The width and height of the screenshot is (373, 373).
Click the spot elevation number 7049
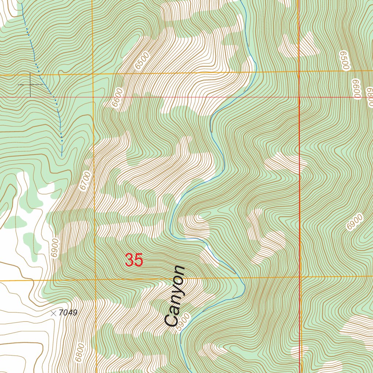68,313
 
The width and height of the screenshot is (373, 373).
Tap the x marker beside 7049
54,313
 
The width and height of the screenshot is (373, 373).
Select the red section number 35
134,260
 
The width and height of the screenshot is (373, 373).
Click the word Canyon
175,297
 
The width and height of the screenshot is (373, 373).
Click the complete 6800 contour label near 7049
80,353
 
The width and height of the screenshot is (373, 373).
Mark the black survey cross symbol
30,85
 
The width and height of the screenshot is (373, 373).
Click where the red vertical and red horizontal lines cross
299,97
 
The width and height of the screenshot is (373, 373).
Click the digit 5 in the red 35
139,260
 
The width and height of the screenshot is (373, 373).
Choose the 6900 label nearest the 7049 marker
55,248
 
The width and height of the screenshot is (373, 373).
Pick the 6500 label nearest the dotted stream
142,60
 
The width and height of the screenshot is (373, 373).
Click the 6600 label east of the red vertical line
356,89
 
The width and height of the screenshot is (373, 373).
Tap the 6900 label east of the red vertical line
355,222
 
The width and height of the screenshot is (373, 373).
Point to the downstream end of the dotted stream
62,156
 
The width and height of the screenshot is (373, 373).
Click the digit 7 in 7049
63,313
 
